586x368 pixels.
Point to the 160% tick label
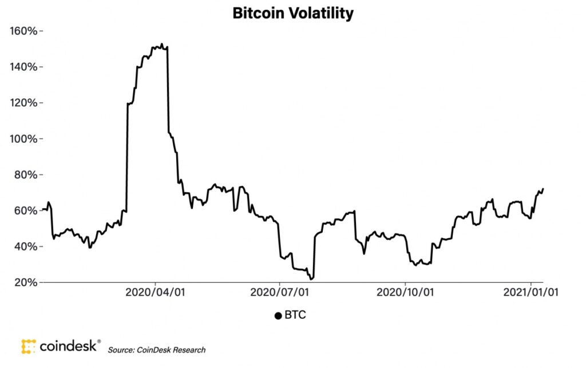pos(23,31)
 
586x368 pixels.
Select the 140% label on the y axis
pos(23,67)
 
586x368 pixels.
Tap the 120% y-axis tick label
pos(23,103)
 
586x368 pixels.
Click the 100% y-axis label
pos(23,139)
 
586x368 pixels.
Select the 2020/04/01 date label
pos(155,292)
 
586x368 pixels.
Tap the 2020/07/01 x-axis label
pos(279,292)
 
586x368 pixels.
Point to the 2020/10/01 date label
pos(405,292)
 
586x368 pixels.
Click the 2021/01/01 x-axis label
pos(530,292)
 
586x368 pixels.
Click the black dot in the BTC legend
pos(278,316)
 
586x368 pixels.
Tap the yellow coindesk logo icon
pos(29,346)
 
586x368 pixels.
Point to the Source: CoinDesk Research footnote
pos(156,350)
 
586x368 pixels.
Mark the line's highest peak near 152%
pos(162,44)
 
